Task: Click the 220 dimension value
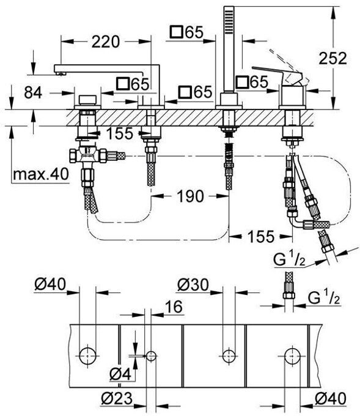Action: pyautogui.click(x=106, y=42)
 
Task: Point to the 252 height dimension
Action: pyautogui.click(x=332, y=58)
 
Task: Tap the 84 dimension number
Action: pyautogui.click(x=33, y=93)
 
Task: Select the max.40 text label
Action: pyautogui.click(x=41, y=174)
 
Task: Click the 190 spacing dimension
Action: pyautogui.click(x=191, y=196)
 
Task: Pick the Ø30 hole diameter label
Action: pyautogui.click(x=193, y=285)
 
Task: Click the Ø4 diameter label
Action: pyautogui.click(x=120, y=374)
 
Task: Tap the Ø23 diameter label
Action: pyautogui.click(x=117, y=398)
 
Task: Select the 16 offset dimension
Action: pyautogui.click(x=174, y=306)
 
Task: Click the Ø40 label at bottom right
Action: pyautogui.click(x=331, y=398)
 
